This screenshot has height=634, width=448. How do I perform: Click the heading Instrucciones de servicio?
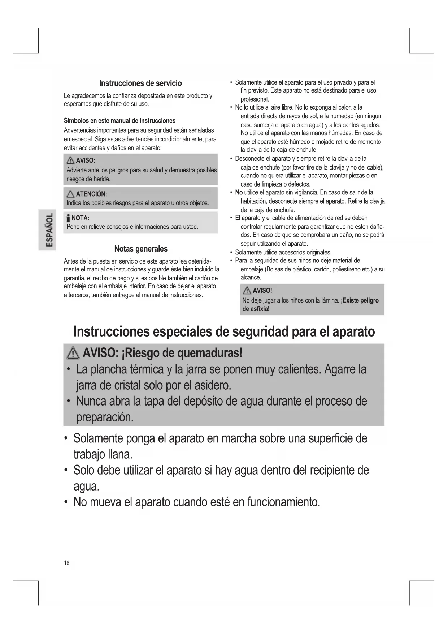point(140,83)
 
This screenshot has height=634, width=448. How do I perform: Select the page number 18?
point(66,562)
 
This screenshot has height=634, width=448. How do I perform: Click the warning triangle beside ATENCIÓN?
point(70,194)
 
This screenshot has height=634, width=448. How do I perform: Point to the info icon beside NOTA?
point(68,218)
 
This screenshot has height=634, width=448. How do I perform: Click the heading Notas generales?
point(141,249)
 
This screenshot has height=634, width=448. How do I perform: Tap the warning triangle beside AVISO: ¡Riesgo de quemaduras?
point(74,353)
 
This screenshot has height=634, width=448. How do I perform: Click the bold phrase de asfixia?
point(256,309)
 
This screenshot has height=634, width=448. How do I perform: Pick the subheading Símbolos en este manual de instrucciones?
point(119,121)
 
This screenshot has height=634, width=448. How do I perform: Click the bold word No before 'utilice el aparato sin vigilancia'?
point(239,192)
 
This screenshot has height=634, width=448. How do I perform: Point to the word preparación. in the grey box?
point(105,417)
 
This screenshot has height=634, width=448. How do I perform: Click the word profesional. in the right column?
point(255,99)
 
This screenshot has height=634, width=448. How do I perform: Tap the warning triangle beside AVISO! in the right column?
point(247,291)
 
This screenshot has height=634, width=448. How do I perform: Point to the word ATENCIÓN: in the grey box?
point(91,194)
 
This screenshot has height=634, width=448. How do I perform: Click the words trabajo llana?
point(103,454)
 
